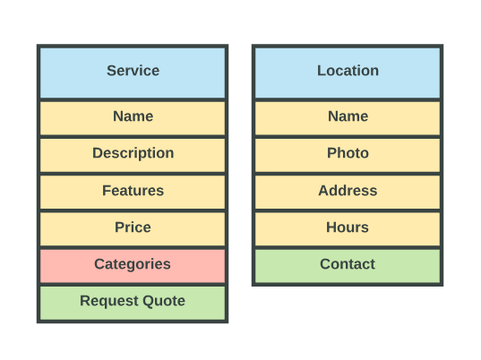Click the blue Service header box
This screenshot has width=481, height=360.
click(133, 73)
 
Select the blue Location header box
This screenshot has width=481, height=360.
click(348, 73)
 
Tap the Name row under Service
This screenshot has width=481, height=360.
click(133, 118)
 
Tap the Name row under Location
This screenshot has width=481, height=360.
click(348, 118)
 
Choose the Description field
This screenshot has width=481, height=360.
click(133, 155)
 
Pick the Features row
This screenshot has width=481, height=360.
click(133, 193)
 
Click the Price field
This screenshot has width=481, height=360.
click(133, 229)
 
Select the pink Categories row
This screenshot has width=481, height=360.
click(133, 266)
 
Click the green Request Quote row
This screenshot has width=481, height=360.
click(133, 303)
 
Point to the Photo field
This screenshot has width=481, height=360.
click(348, 155)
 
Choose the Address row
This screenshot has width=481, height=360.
click(348, 193)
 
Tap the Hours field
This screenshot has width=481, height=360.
click(348, 229)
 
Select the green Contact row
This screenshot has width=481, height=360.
click(348, 266)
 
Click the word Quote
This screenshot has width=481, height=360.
click(164, 301)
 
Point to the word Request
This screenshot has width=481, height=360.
click(109, 302)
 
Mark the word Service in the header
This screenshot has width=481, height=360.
click(133, 71)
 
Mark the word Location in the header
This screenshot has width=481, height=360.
click(348, 71)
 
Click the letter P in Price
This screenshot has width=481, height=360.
click(119, 227)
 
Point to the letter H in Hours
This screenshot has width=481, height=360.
click(331, 227)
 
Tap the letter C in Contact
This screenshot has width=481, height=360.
click(325, 264)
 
